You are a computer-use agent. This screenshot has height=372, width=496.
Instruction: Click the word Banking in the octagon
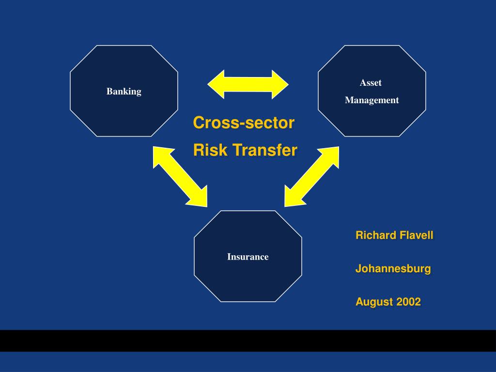[124, 92]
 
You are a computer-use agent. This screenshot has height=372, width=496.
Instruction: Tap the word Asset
[371, 82]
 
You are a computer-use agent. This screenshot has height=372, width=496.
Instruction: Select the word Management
[372, 100]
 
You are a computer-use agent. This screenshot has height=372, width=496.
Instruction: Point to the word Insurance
[248, 257]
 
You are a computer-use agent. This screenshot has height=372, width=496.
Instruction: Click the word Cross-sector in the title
[244, 123]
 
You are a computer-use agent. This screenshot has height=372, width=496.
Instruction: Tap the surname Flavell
[416, 235]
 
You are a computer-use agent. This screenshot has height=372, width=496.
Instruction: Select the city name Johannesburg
[393, 268]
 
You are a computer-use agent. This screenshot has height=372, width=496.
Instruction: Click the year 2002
[409, 302]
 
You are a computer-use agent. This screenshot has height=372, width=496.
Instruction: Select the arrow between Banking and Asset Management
[248, 84]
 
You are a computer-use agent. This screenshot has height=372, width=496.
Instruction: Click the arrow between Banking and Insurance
[180, 176]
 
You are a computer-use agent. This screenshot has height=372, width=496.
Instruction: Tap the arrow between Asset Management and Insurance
[312, 176]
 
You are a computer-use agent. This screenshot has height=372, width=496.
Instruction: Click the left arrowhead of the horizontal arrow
[216, 84]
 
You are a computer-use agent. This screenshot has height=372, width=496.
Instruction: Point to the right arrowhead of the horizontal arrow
[280, 84]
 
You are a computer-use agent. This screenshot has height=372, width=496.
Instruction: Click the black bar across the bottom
[248, 341]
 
